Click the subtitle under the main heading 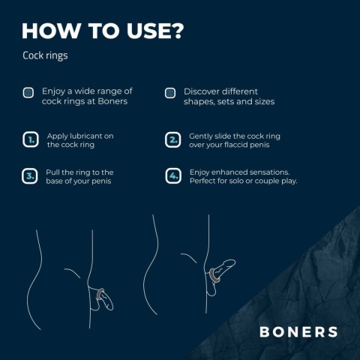pyautogui.click(x=45, y=56)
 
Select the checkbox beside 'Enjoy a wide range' pyautogui.click(x=28, y=93)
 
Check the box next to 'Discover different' pyautogui.click(x=170, y=93)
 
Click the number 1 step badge pyautogui.click(x=30, y=139)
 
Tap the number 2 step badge pyautogui.click(x=172, y=139)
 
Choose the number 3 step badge pyautogui.click(x=30, y=176)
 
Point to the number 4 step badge pyautogui.click(x=172, y=176)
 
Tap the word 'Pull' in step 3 pyautogui.click(x=54, y=172)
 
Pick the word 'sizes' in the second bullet pyautogui.click(x=263, y=101)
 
